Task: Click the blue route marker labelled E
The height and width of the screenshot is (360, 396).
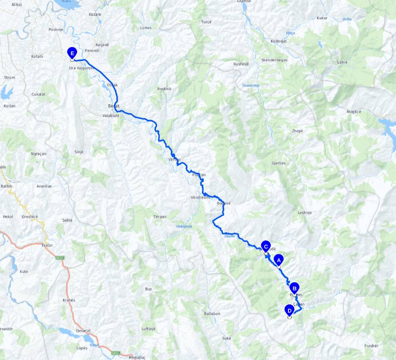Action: [73, 53]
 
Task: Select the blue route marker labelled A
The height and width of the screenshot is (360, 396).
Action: [279, 260]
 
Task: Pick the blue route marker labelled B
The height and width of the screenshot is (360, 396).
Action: [295, 288]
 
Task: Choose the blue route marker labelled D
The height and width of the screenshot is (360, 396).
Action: [289, 310]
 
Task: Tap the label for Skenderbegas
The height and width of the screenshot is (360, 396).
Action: [274, 60]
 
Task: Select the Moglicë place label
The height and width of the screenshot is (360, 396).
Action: [354, 112]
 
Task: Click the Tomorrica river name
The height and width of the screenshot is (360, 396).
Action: [251, 85]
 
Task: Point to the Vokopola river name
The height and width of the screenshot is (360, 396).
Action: [184, 226]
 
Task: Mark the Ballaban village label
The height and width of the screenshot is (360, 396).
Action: [212, 313]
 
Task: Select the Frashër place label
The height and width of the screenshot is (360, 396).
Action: [371, 346]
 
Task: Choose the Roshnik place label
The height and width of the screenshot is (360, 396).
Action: [164, 89]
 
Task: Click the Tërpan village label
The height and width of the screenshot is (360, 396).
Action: [160, 217]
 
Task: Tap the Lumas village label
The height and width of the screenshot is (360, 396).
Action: [146, 28]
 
